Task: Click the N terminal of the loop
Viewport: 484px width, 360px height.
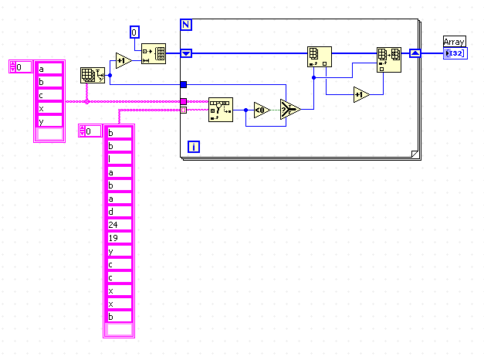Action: click(185, 25)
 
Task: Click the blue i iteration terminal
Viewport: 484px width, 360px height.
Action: click(194, 146)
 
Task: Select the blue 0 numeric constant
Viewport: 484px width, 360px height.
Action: click(134, 32)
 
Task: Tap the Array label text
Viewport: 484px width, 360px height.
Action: click(455, 41)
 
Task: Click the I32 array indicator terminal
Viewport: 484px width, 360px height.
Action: click(455, 53)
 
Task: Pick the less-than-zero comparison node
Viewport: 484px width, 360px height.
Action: click(261, 109)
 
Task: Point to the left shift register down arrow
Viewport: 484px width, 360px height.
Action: click(185, 53)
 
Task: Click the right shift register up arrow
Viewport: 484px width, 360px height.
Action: click(415, 53)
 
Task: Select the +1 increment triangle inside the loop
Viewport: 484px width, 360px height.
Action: click(360, 95)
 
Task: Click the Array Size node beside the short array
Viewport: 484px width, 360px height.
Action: click(90, 76)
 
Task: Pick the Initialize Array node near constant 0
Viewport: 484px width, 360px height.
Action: click(154, 53)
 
